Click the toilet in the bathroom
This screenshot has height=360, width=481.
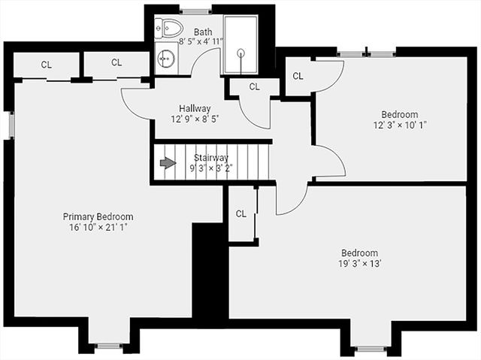pyautogui.click(x=169, y=29)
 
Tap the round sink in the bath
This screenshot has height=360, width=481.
pyautogui.click(x=165, y=57)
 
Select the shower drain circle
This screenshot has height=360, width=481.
pyautogui.click(x=241, y=53)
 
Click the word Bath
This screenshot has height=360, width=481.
pyautogui.click(x=203, y=32)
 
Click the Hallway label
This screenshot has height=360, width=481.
pyautogui.click(x=195, y=108)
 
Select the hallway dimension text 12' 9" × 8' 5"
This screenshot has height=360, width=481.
pyautogui.click(x=195, y=119)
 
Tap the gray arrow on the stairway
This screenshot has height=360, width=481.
pyautogui.click(x=168, y=163)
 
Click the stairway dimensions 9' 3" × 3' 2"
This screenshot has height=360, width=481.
pyautogui.click(x=211, y=168)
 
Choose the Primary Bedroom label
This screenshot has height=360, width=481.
pyautogui.click(x=98, y=216)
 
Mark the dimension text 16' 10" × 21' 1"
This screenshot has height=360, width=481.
pyautogui.click(x=98, y=227)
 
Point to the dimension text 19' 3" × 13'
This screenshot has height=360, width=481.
pyautogui.click(x=359, y=264)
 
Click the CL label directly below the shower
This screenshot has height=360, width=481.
pyautogui.click(x=254, y=86)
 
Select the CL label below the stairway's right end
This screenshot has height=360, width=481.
pyautogui.click(x=240, y=213)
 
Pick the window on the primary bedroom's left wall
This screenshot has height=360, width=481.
pyautogui.click(x=11, y=125)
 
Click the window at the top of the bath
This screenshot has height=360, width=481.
pyautogui.click(x=195, y=11)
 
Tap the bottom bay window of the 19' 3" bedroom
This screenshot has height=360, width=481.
pyautogui.click(x=370, y=349)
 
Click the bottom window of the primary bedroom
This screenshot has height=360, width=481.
pyautogui.click(x=109, y=346)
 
